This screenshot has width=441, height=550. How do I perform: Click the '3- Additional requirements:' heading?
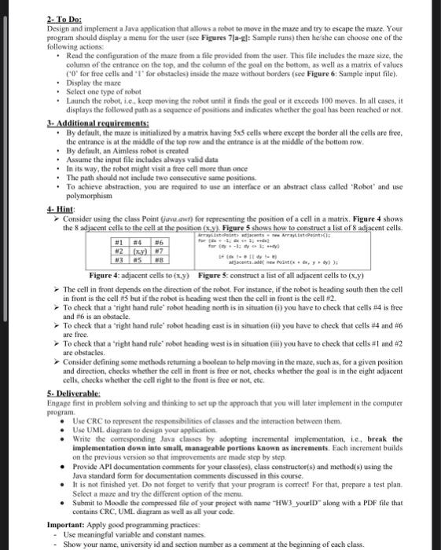(x=53, y=128)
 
